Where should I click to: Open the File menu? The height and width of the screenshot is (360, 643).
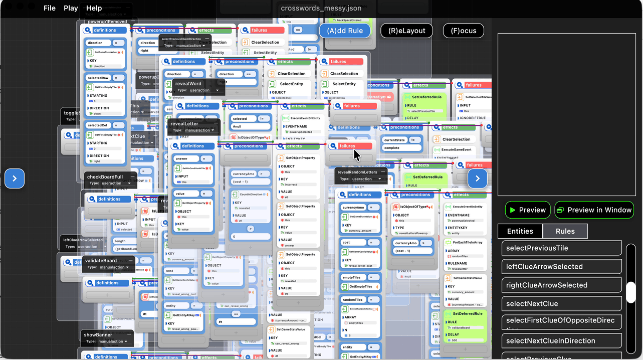point(49,8)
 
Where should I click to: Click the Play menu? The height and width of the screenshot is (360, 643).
point(71,8)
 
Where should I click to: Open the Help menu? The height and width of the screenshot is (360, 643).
point(94,8)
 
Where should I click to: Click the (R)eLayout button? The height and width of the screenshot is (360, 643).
point(406,31)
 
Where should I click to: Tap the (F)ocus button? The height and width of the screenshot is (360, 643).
point(463,31)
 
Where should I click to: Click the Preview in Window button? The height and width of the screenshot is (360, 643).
point(594,210)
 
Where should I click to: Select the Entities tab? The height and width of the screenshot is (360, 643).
point(520,231)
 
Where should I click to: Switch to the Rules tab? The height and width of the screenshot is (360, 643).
point(565,231)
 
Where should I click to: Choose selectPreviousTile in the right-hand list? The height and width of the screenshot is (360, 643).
point(561,248)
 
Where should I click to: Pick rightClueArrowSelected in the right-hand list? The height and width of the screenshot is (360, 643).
point(561,285)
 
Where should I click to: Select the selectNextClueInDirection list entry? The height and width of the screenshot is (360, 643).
point(561,341)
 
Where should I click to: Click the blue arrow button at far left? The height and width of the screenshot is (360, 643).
point(15,178)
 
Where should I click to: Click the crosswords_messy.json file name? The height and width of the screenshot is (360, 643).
point(321,8)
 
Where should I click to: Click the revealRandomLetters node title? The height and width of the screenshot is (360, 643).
point(357,172)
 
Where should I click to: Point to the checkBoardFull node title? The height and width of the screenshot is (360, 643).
point(105,177)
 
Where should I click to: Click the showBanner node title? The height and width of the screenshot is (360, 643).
point(98,335)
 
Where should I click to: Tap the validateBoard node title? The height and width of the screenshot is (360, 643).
point(101,261)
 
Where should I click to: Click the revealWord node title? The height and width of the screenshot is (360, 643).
point(188,84)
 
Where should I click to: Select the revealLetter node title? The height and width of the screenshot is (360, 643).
point(184,123)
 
